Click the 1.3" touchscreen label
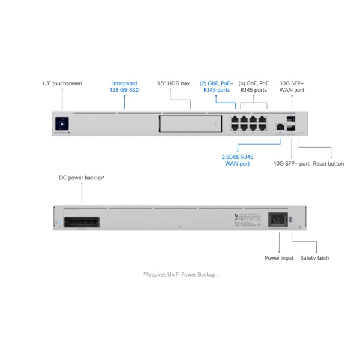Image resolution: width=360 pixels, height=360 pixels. [x=62, y=83]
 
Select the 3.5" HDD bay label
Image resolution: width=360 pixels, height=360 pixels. [x=173, y=83]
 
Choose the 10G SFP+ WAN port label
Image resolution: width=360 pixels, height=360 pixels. [x=292, y=86]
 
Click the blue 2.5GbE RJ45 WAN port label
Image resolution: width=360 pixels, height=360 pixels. [x=238, y=160]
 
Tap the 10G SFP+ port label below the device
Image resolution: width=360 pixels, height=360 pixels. [x=292, y=163]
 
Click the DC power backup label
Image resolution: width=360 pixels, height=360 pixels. [x=82, y=178]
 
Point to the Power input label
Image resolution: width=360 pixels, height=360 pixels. [x=279, y=258]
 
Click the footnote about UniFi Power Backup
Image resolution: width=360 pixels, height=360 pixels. [x=179, y=274]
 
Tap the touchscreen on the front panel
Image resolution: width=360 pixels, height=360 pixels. [x=61, y=123]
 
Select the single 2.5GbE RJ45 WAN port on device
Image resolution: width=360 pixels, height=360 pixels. [x=280, y=127]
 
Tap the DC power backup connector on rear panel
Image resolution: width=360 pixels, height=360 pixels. [x=81, y=221]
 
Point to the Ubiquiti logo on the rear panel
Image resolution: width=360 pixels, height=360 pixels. [x=237, y=216]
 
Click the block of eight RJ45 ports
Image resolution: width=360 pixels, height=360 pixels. [x=248, y=122]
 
